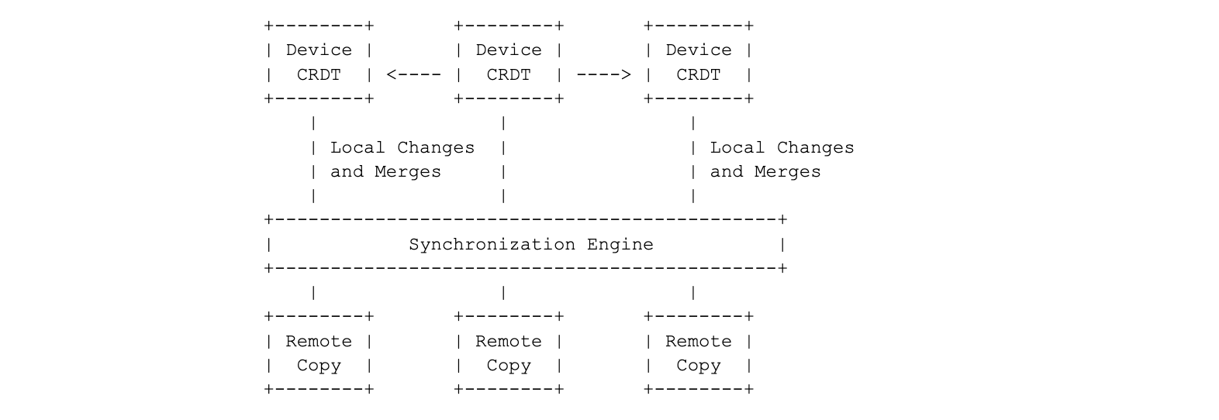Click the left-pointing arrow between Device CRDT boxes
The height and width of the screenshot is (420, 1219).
[x=413, y=75]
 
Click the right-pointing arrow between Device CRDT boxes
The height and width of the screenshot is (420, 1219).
[x=603, y=75]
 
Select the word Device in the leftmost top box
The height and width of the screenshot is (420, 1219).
[x=319, y=50]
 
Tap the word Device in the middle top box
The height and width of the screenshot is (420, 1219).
[x=509, y=50]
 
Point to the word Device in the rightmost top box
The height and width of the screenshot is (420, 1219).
[x=698, y=50]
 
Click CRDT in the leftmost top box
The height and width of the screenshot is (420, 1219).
[x=319, y=75]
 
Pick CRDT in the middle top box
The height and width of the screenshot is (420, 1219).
[x=509, y=75]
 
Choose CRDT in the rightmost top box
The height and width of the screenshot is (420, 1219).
[x=698, y=75]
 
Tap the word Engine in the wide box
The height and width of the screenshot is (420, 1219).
[x=620, y=245]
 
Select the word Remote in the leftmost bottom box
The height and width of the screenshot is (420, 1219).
[x=319, y=342]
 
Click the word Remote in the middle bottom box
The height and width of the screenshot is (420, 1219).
[x=509, y=342]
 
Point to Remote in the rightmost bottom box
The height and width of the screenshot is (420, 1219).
[x=698, y=342]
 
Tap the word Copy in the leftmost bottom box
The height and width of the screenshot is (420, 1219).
[x=319, y=366]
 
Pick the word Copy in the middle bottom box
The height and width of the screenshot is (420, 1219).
[x=509, y=366]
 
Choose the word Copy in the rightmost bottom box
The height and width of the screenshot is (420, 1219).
[x=698, y=366]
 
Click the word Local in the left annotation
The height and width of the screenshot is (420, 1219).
[x=357, y=148]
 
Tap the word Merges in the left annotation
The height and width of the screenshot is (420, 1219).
[x=408, y=172]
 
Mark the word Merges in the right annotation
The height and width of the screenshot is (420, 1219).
[x=787, y=172]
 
